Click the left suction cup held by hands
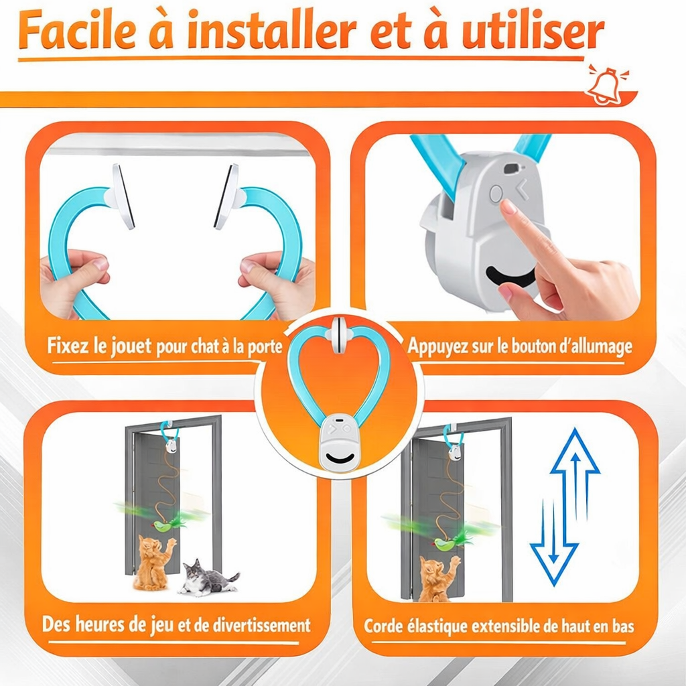pos(123,196)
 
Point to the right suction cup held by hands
pos(226,197)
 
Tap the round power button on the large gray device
pos(496,194)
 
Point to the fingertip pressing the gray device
pos(509,207)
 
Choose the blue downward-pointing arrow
pos(554,543)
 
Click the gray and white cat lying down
pos(206,579)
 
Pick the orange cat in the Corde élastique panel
pos(436,576)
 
